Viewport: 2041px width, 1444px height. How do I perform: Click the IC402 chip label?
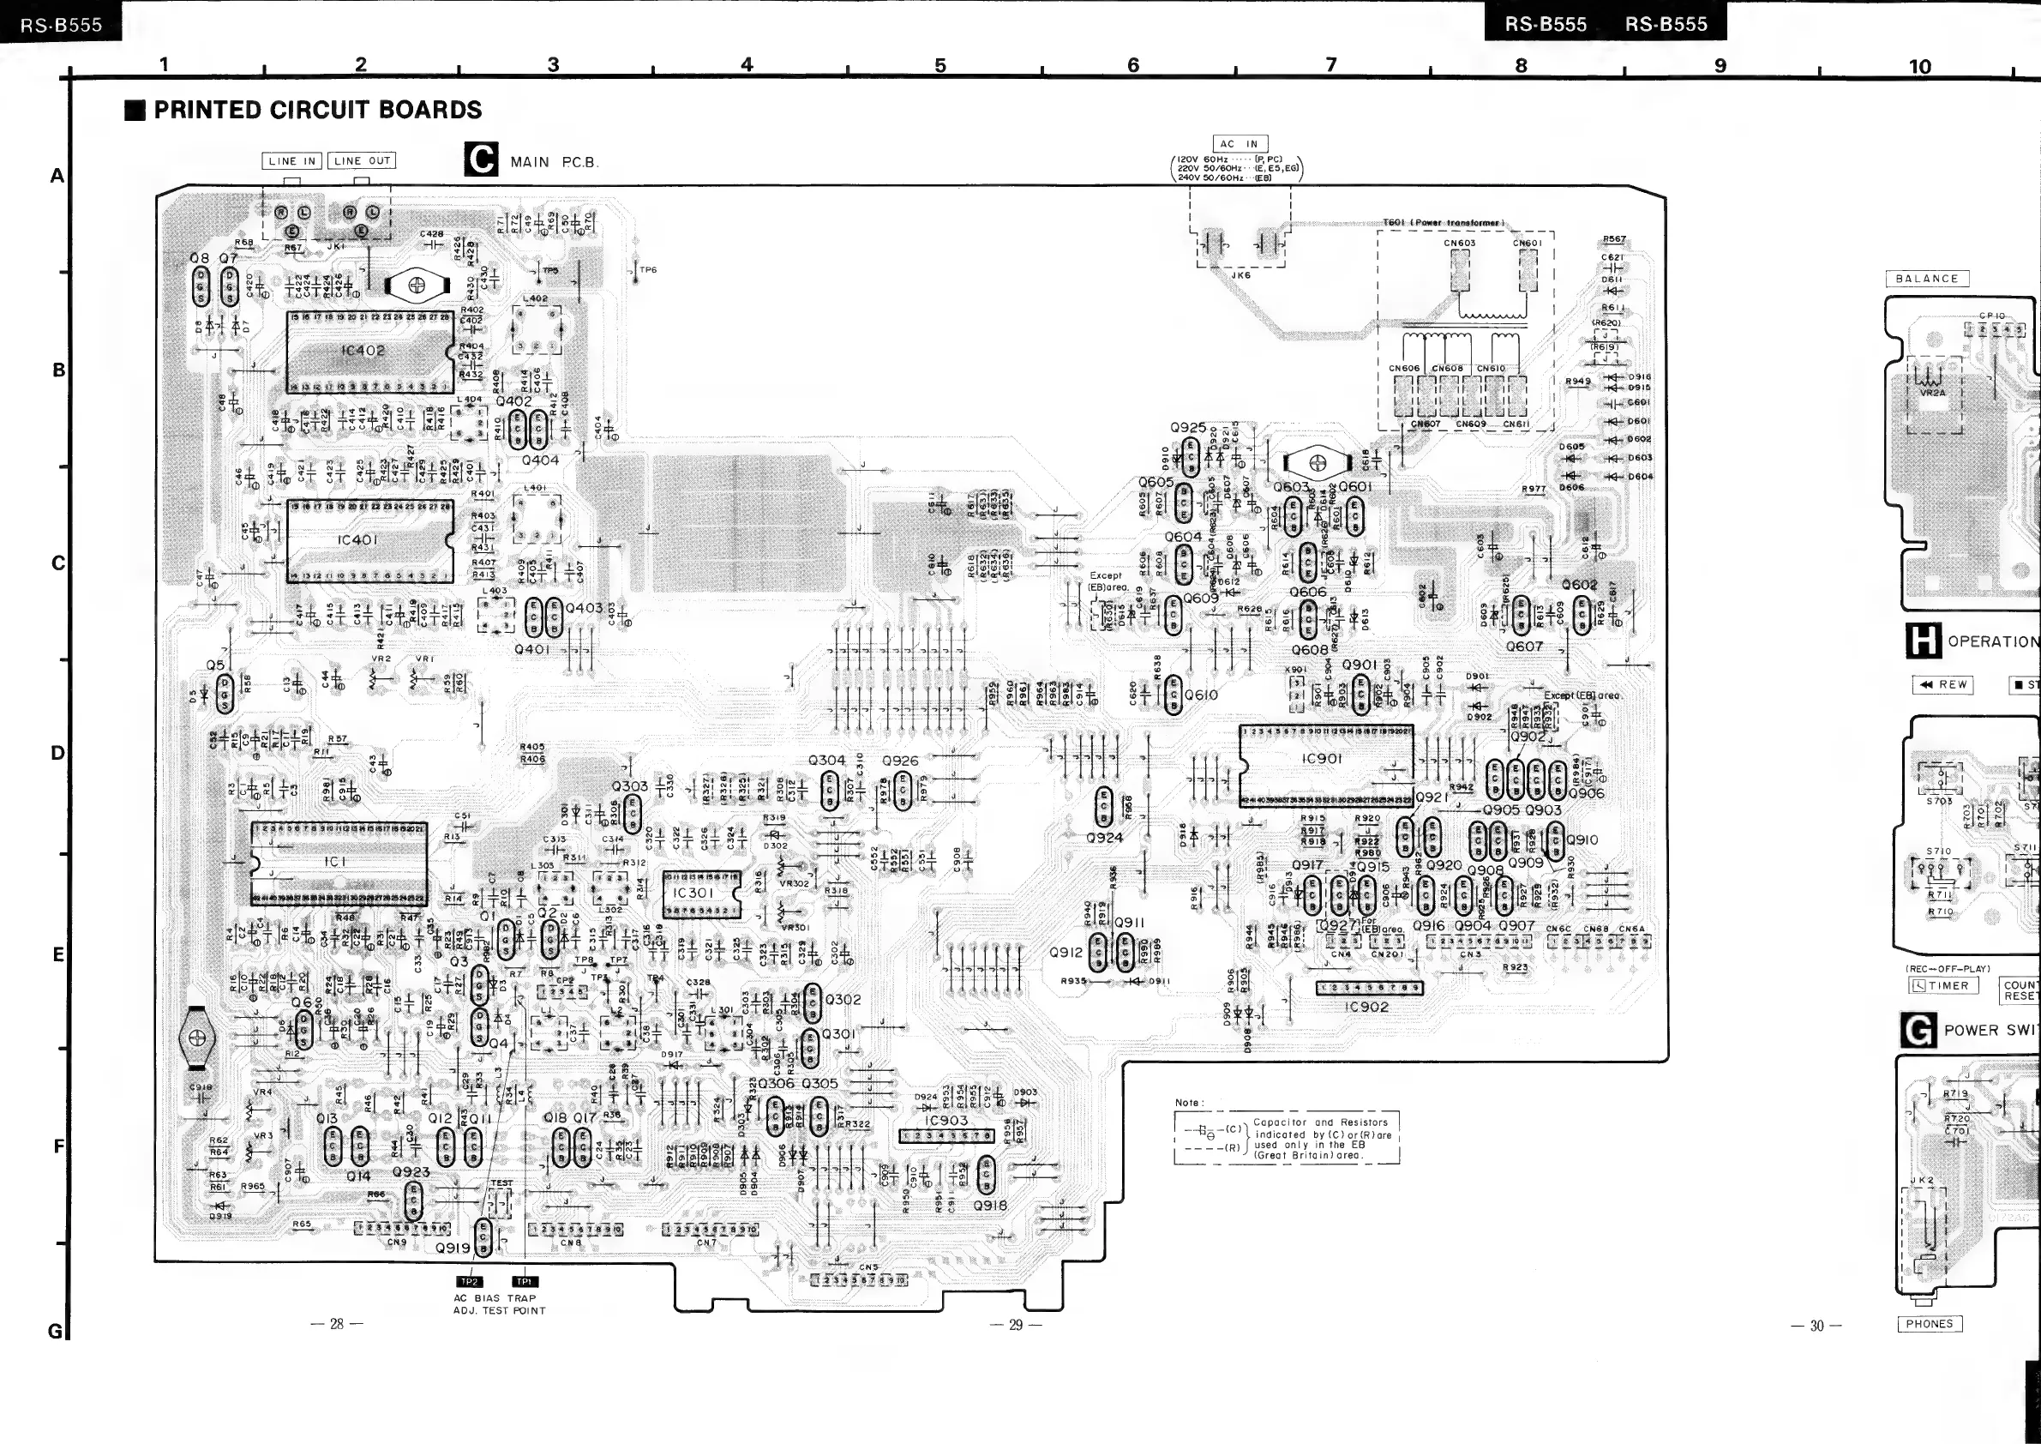pyautogui.click(x=363, y=351)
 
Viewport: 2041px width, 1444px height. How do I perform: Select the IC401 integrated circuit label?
pyautogui.click(x=358, y=539)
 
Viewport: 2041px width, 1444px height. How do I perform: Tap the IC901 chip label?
pyautogui.click(x=1321, y=759)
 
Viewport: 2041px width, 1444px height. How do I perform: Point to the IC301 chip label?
pyautogui.click(x=693, y=892)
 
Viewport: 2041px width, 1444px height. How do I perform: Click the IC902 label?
pyautogui.click(x=1367, y=1008)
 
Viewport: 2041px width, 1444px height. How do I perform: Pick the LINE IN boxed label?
pyautogui.click(x=292, y=161)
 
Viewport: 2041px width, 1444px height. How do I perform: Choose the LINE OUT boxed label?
pyautogui.click(x=362, y=161)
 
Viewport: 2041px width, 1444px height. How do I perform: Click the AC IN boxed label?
pyautogui.click(x=1240, y=144)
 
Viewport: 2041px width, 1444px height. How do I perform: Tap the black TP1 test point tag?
pyautogui.click(x=525, y=1281)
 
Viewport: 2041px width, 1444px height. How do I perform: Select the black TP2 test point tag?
pyautogui.click(x=469, y=1281)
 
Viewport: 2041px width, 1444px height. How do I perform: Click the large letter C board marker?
pyautogui.click(x=481, y=160)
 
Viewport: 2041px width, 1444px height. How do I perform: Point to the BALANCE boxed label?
pyautogui.click(x=1926, y=279)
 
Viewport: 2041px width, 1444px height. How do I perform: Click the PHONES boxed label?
pyautogui.click(x=1929, y=1324)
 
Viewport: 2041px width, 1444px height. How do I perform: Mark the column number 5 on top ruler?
pyautogui.click(x=940, y=65)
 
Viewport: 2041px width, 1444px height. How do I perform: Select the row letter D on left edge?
pyautogui.click(x=57, y=753)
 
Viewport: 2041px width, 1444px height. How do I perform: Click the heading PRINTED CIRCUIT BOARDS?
pyautogui.click(x=317, y=111)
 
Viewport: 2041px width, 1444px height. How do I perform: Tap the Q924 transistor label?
pyautogui.click(x=1104, y=838)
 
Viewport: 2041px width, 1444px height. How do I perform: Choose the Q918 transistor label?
pyautogui.click(x=989, y=1206)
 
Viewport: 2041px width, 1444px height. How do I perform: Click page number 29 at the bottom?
pyautogui.click(x=1016, y=1325)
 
